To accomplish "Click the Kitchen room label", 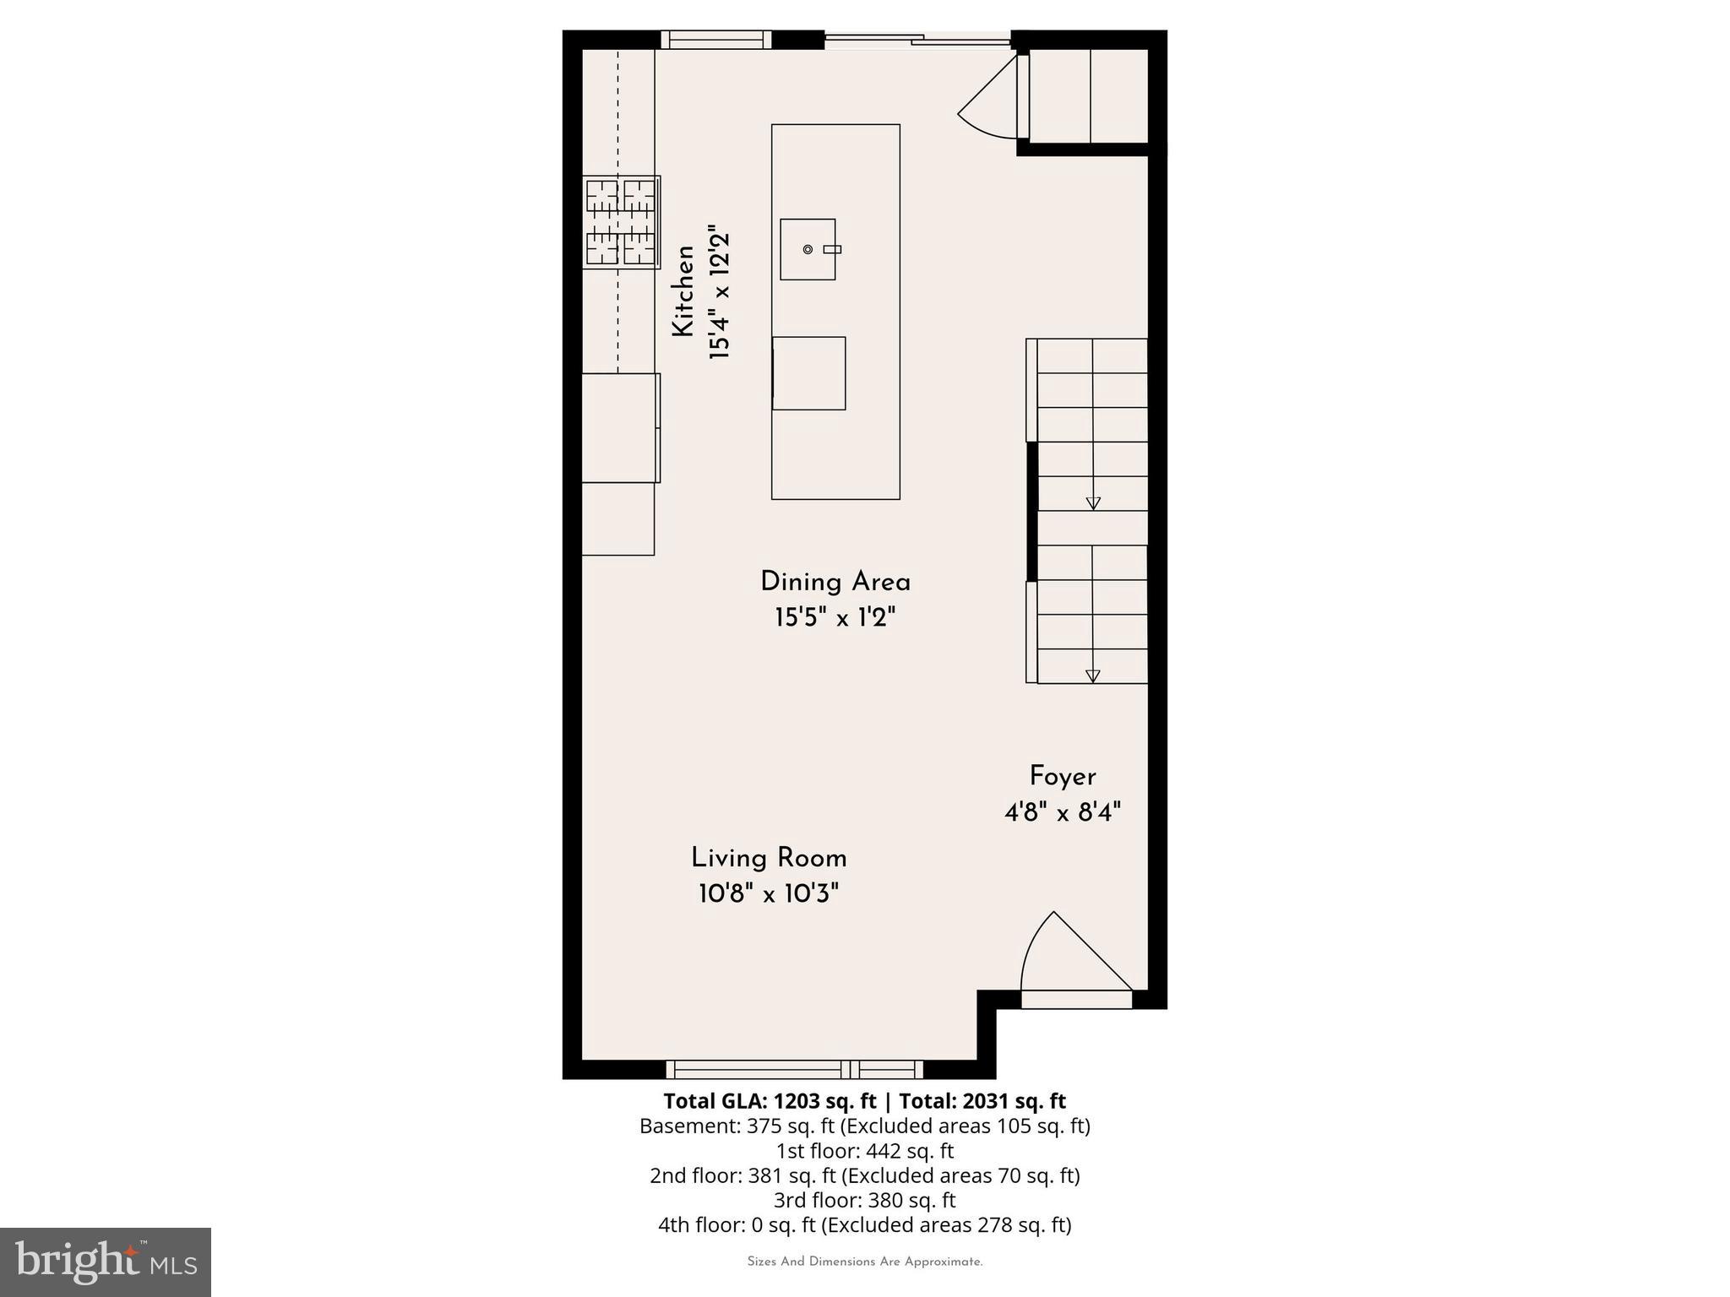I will [x=683, y=291].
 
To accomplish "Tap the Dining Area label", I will [x=835, y=583].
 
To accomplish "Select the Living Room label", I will [x=769, y=859].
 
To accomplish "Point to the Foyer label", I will [x=1063, y=777].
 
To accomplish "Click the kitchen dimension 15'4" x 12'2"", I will [x=719, y=292].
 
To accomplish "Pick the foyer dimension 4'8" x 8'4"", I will [x=1063, y=813].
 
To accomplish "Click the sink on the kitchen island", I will [x=808, y=249].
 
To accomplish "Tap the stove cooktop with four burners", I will [x=621, y=222].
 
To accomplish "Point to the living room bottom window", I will [x=794, y=1070].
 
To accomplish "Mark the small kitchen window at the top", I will [x=715, y=40].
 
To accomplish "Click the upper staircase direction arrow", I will [x=1093, y=502].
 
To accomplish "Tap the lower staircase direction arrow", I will [x=1092, y=676].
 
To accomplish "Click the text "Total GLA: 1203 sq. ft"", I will [x=770, y=1101].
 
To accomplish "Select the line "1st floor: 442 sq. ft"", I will [x=864, y=1151].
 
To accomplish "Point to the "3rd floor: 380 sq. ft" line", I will [x=864, y=1200].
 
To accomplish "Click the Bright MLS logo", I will [x=106, y=1262].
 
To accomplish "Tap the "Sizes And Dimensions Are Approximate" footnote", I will [x=864, y=1262].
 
